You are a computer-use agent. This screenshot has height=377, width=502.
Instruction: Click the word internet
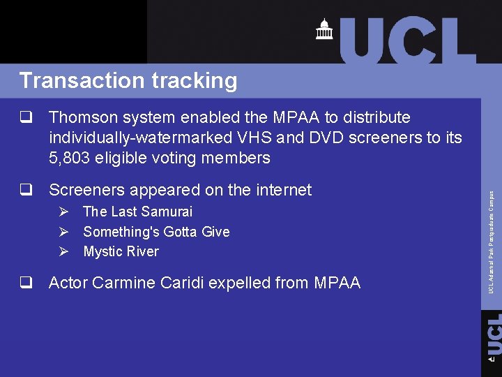[280, 190]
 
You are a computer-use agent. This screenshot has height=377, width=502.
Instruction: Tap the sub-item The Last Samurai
[137, 212]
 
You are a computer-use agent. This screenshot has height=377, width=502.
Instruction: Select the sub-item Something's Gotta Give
[156, 232]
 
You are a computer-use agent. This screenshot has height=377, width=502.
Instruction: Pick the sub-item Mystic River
[121, 251]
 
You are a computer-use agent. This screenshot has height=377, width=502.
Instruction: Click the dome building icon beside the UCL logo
[324, 29]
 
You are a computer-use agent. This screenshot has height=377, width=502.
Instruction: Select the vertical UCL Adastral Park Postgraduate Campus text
[491, 242]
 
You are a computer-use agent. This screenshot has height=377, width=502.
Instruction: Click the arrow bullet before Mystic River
[63, 251]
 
